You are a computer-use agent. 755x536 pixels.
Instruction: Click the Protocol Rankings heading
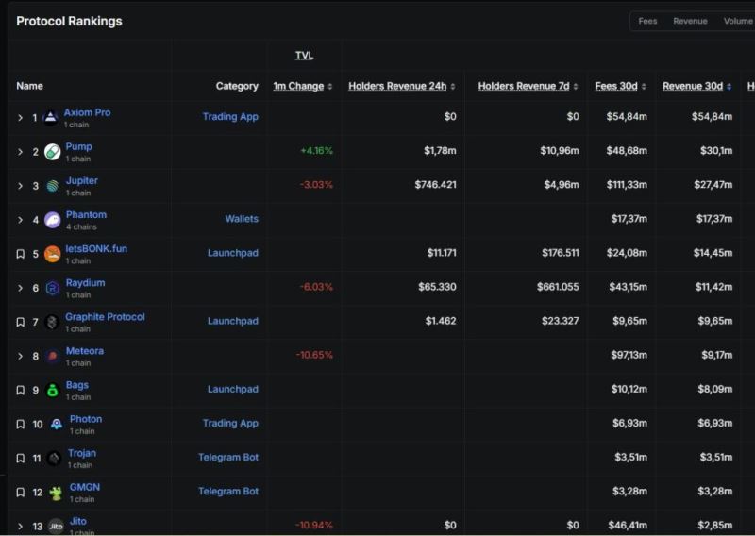click(69, 21)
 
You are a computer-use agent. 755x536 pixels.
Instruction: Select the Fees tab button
click(647, 21)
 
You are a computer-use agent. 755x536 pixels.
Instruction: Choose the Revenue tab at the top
click(690, 21)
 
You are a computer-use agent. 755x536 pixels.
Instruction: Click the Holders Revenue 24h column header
click(397, 86)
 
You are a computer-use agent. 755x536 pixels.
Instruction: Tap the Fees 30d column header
click(616, 86)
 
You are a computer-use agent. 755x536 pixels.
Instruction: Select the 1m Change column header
click(298, 86)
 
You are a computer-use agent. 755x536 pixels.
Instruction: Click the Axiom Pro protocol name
click(87, 112)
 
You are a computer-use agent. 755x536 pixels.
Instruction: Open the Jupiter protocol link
click(81, 180)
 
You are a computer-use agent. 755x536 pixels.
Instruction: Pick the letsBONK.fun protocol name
click(96, 248)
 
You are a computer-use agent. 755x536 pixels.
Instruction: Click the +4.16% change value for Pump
click(316, 151)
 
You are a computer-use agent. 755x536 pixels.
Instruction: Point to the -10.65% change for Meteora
click(314, 355)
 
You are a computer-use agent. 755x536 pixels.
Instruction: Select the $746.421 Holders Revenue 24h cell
click(435, 185)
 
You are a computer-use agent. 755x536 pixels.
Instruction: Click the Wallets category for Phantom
click(242, 219)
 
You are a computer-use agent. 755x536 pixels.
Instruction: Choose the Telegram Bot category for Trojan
click(228, 457)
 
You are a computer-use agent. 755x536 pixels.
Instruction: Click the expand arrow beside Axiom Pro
click(20, 118)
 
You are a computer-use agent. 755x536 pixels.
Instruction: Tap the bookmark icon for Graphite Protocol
click(20, 322)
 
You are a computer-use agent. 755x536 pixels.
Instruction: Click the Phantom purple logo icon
click(52, 220)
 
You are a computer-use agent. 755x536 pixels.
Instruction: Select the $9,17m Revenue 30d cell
click(715, 355)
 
